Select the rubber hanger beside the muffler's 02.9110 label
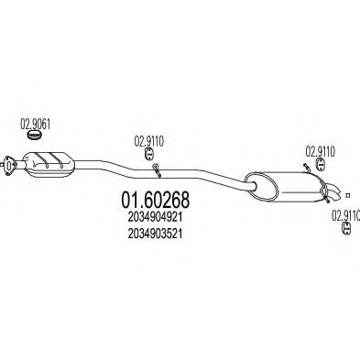coord(322,164)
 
